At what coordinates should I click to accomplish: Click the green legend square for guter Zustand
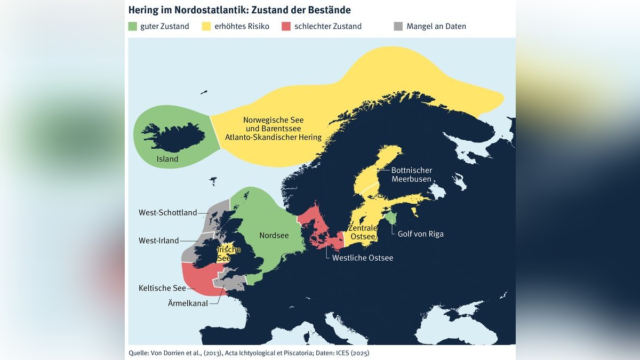133,26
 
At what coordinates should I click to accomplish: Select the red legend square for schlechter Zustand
286,26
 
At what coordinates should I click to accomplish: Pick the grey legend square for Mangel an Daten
398,26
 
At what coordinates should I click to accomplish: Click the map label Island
167,159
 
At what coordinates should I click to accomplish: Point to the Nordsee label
273,235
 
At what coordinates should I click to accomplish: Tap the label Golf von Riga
420,234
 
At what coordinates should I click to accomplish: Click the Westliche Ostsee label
362,258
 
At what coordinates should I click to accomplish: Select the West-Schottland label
167,213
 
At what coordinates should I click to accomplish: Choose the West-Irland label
158,241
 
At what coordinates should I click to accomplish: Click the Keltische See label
162,288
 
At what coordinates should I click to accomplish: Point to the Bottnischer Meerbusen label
411,174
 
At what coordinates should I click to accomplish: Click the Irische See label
228,254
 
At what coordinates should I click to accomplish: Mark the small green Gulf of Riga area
391,218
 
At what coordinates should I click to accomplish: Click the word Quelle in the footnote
140,353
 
